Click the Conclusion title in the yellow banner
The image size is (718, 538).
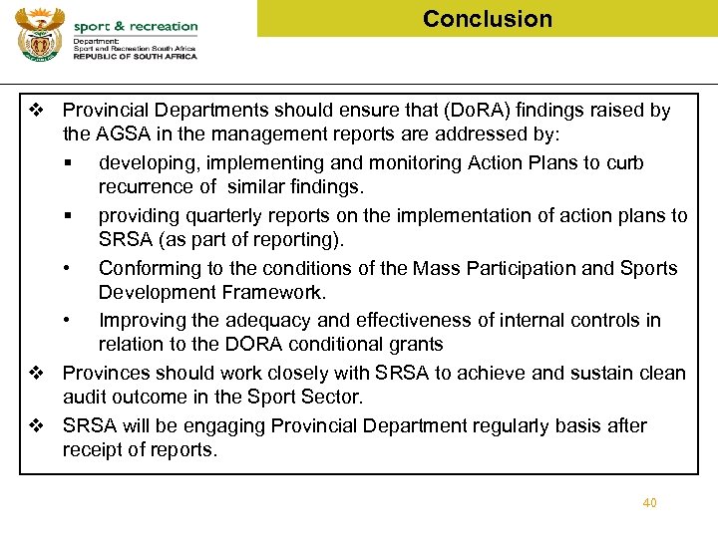coord(487,19)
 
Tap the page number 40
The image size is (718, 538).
coord(649,503)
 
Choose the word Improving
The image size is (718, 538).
coord(145,320)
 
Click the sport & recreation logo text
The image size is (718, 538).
coord(136,26)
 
